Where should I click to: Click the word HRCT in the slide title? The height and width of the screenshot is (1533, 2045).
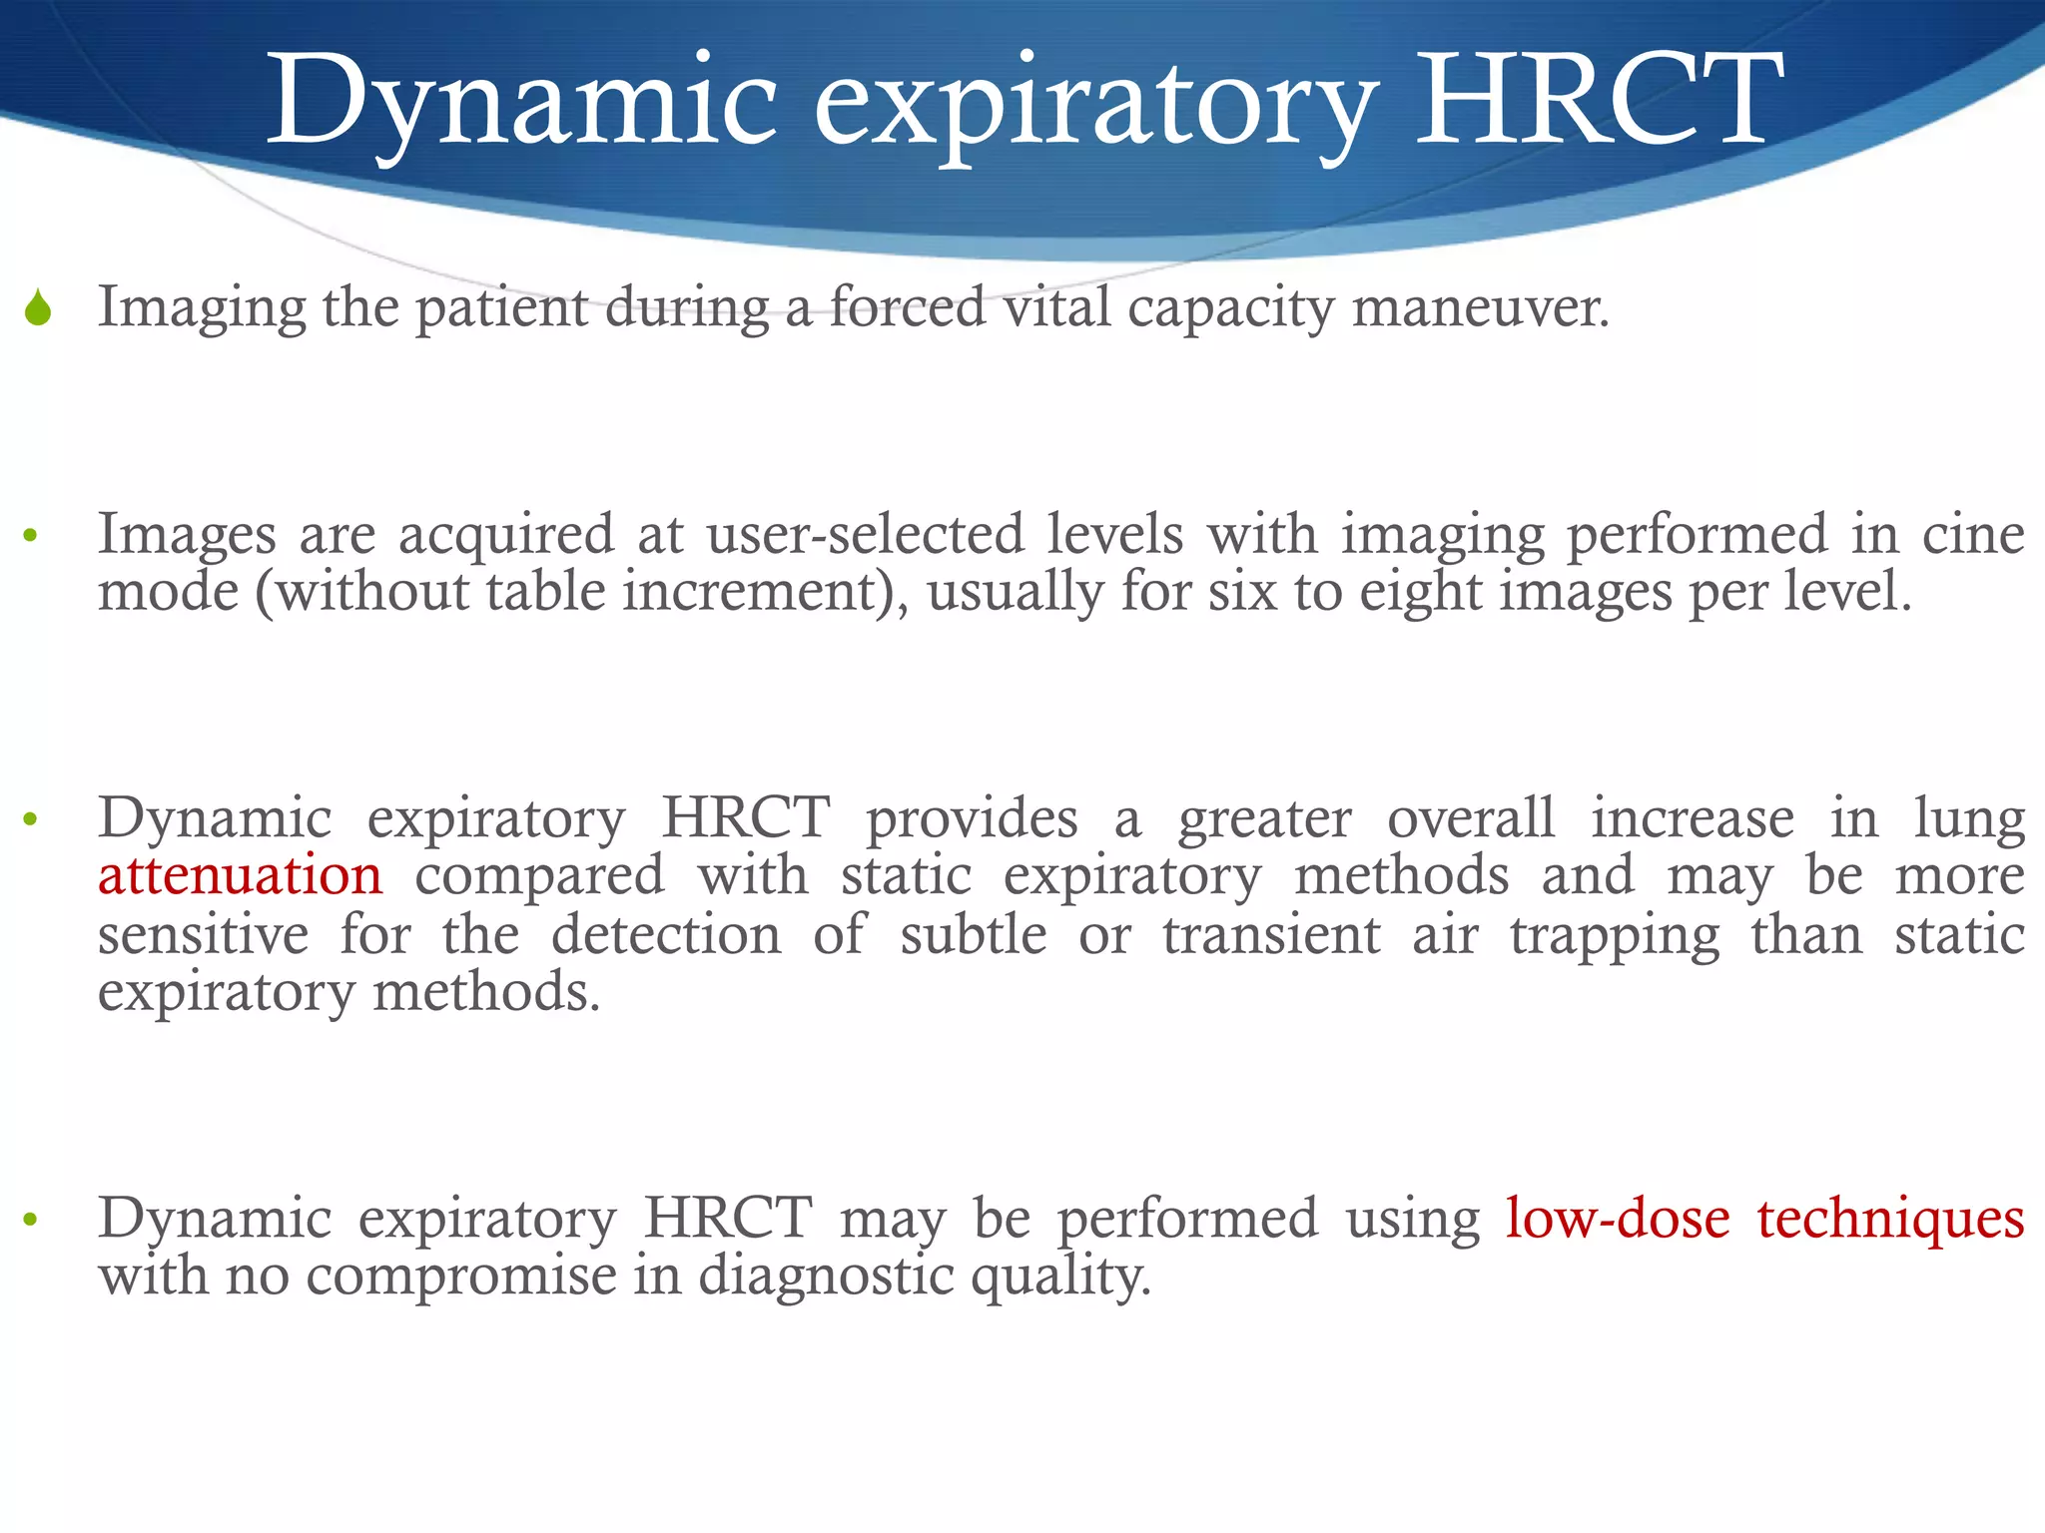(x=1599, y=100)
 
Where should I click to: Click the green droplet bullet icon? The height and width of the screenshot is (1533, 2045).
(x=38, y=308)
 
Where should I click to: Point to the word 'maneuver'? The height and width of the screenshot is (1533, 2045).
(x=1479, y=307)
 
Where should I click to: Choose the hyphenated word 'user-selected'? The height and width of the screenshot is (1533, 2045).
(x=865, y=534)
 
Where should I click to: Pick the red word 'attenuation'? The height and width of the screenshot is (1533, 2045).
(x=240, y=875)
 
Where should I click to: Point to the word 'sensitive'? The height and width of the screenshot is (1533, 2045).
(x=204, y=935)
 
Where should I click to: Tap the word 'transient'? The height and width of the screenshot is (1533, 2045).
(x=1271, y=935)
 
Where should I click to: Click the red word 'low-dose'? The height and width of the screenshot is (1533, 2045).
(x=1618, y=1219)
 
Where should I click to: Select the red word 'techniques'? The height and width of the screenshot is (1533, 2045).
(x=1890, y=1219)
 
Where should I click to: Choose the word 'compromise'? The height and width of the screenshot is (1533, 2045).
(x=461, y=1276)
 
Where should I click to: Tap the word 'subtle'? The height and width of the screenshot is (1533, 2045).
(x=974, y=935)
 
